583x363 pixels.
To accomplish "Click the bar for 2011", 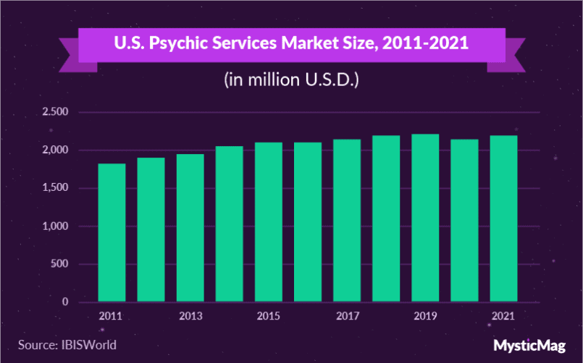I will pos(112,232).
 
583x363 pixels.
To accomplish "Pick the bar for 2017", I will pos(346,220).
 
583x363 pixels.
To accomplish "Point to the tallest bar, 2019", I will pos(424,218).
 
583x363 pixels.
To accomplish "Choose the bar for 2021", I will pos(503,218).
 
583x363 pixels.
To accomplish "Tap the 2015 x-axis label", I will pos(268,316).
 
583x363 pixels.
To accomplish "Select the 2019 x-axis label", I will pos(424,316).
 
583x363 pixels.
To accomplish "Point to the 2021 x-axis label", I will pos(503,316).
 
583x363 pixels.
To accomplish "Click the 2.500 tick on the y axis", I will pos(55,112).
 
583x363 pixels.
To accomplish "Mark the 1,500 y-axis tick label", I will pos(55,188).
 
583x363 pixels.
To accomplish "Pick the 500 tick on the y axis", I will pos(59,264).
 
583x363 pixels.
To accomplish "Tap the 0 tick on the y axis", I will pos(64,302).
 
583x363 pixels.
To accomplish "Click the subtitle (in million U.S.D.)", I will pos(291,80).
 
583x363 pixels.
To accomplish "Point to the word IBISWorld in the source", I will pos(88,344).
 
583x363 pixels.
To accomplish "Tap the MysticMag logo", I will pos(527,345).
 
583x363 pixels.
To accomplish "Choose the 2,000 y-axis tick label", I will pos(55,150).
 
